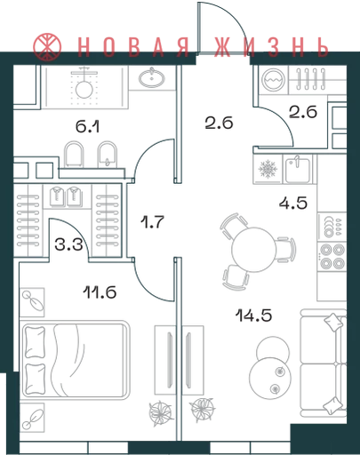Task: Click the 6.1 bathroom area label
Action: click(x=88, y=126)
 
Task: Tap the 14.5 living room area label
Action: click(x=254, y=315)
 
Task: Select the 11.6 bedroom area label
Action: click(x=100, y=292)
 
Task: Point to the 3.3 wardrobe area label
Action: click(x=68, y=244)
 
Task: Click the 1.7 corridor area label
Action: click(x=152, y=222)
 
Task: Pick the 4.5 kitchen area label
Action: click(x=293, y=204)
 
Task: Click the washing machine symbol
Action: click(x=274, y=79)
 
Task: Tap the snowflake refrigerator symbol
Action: click(x=268, y=170)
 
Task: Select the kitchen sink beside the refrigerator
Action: click(x=298, y=169)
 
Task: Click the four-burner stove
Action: click(x=332, y=256)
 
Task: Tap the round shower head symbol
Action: click(x=84, y=89)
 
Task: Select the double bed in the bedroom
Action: click(x=76, y=359)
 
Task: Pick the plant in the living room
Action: click(x=202, y=410)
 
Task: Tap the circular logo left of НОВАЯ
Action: click(x=47, y=46)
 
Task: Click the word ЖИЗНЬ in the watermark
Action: click(x=271, y=47)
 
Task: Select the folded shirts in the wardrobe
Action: click(x=65, y=196)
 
